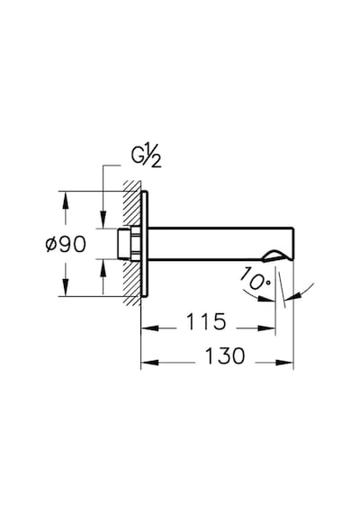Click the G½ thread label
[147, 158]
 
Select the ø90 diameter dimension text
[66, 244]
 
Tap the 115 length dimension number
[206, 321]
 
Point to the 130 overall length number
[225, 355]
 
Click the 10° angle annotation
[256, 278]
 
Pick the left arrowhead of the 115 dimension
[149, 328]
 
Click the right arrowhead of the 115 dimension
[266, 328]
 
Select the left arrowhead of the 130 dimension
[149, 363]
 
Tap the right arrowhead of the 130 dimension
[284, 363]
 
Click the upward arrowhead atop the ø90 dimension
[66, 200]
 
